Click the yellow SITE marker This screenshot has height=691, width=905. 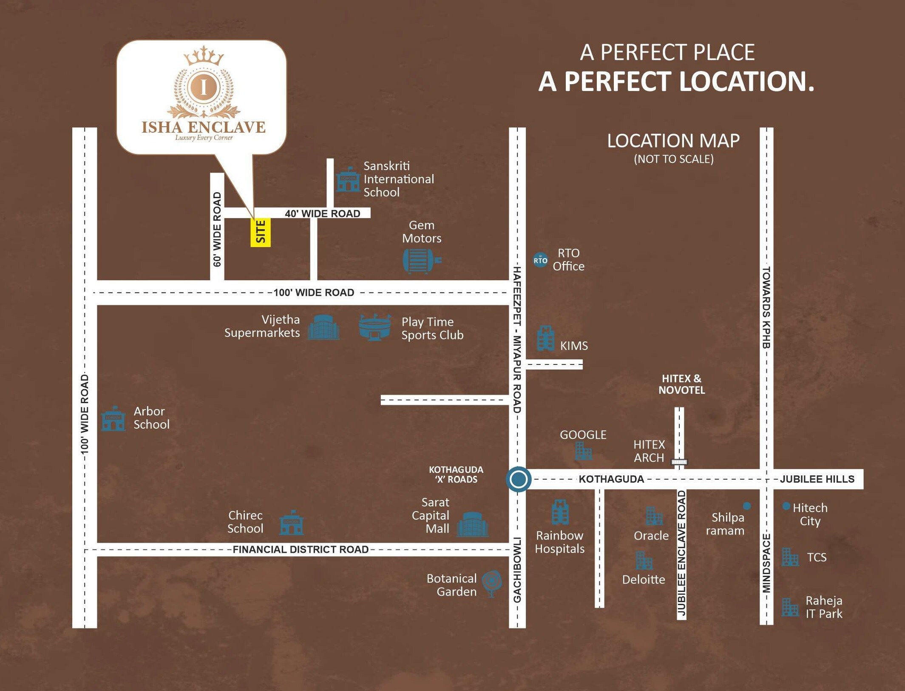point(260,232)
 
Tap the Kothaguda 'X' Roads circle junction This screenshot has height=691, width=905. point(518,479)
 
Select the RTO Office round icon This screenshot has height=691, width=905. point(540,260)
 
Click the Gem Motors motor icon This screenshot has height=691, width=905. point(421,260)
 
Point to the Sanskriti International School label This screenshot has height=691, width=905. point(398,179)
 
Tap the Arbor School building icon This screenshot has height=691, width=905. point(113,419)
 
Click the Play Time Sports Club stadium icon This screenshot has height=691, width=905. point(374,327)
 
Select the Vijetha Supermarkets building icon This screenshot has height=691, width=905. point(323,327)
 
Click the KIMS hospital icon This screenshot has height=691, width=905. point(545,338)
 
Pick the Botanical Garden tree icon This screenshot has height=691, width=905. point(492,583)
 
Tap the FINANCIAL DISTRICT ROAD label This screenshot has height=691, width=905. point(301,549)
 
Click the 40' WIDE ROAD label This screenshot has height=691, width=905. point(322,213)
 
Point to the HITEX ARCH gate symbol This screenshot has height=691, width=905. point(679,462)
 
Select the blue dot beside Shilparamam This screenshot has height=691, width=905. point(746,506)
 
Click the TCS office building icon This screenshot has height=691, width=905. point(790,557)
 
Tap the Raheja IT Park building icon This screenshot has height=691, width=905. point(790,607)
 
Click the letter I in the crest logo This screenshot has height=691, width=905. point(204,87)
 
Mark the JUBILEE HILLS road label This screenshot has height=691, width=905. point(817,479)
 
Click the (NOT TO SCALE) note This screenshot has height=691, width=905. point(673,159)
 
